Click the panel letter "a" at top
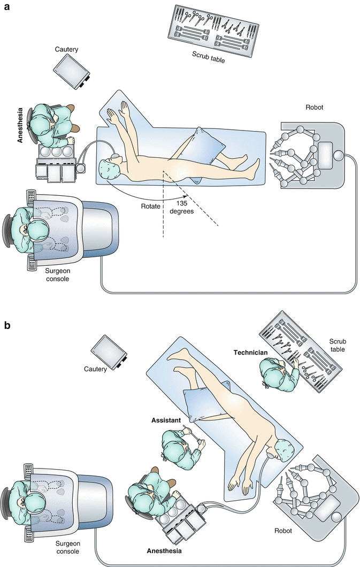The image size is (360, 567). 7,8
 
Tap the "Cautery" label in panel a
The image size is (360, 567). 67,49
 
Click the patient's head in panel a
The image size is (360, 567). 110,170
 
